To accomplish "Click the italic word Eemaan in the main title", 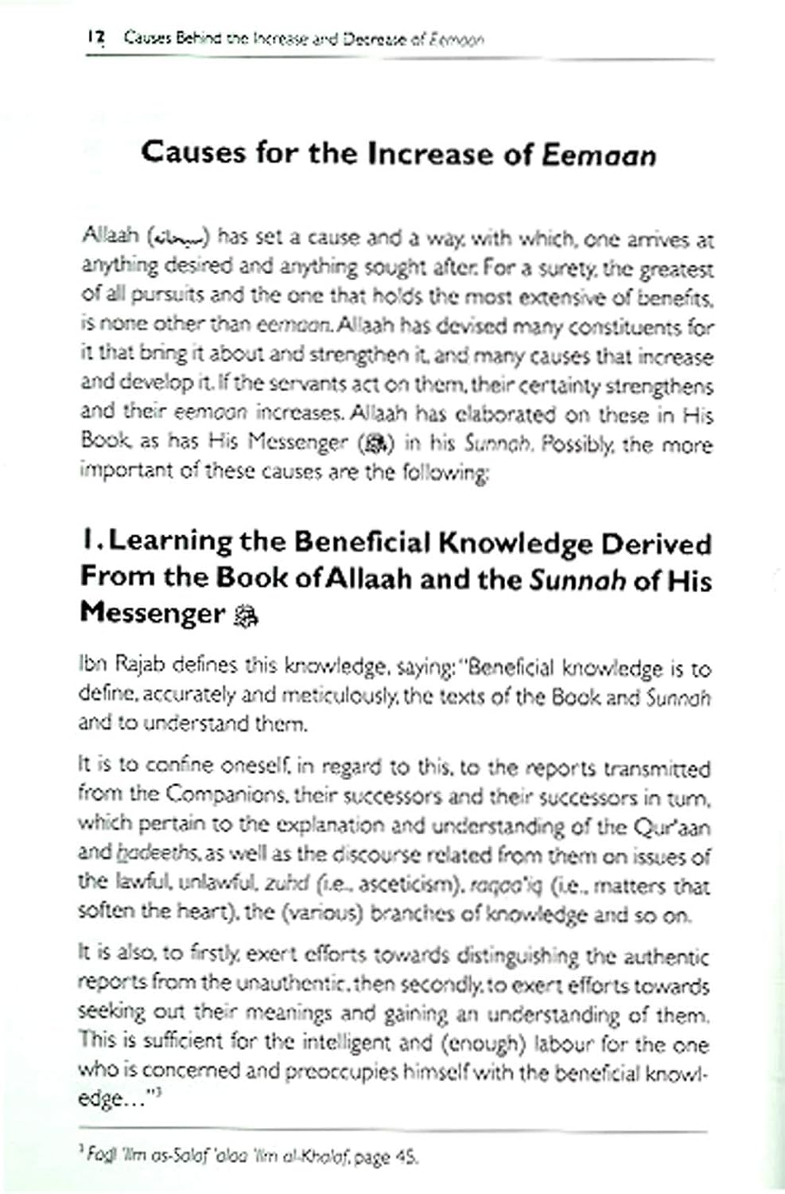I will (599, 154).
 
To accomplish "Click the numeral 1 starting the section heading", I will (87, 542).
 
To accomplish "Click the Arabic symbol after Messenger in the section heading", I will (246, 616).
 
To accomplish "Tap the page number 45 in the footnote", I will (404, 1157).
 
